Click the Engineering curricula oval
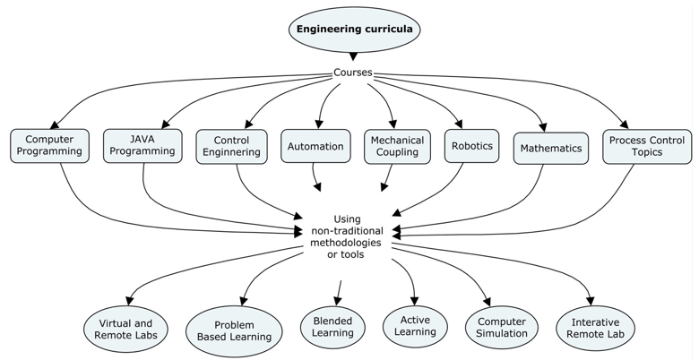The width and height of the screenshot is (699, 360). (353, 28)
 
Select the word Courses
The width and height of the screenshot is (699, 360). (353, 73)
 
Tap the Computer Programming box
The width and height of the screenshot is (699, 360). (49, 145)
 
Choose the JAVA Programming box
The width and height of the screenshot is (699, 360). (142, 145)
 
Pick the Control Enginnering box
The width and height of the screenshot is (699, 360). (237, 146)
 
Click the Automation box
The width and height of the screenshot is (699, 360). (315, 146)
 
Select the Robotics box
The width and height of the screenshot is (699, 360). (471, 146)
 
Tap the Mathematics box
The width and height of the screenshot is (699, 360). (550, 148)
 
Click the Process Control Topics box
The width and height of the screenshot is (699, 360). (646, 146)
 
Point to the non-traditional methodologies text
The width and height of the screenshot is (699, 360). (345, 236)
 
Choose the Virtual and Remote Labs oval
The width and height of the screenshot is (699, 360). (125, 329)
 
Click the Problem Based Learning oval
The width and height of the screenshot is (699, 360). (236, 331)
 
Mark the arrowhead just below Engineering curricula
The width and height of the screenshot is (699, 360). (353, 57)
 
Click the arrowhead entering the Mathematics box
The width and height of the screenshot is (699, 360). (542, 127)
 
